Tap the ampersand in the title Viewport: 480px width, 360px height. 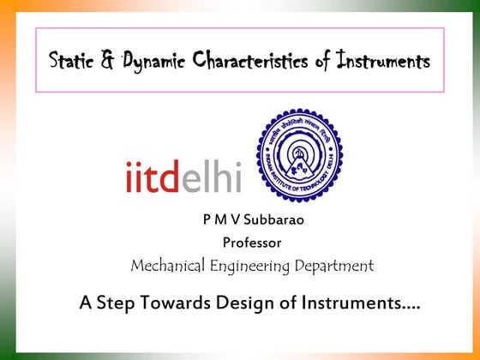click(x=108, y=61)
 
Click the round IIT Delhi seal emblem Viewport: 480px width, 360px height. click(x=300, y=155)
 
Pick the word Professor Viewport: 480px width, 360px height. click(x=252, y=242)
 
